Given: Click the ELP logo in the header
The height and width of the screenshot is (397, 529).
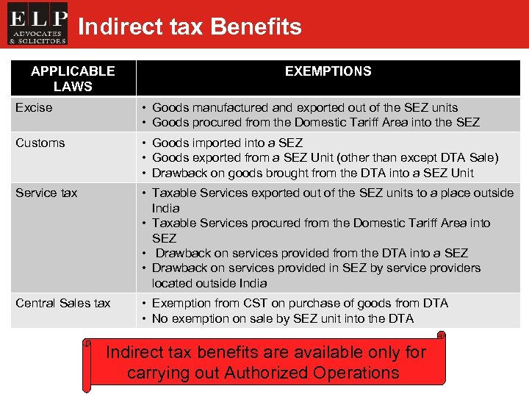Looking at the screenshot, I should coord(37,24).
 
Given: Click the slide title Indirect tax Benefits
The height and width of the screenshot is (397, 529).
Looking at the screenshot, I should coord(190,27).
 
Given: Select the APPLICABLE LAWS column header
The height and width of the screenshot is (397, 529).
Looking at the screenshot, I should coord(73,79).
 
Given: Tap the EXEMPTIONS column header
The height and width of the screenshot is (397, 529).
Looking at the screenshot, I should coord(328,71).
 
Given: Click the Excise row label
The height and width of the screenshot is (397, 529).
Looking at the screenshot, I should coord(34,107).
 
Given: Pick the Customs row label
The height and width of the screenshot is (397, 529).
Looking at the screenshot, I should coord(40,143).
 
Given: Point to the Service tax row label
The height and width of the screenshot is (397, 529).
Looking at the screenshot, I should coord(46,193).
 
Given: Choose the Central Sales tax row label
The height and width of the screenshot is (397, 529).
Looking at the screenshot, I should coord(63,303).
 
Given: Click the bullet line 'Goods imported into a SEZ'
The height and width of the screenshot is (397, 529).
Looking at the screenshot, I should coord(227,143).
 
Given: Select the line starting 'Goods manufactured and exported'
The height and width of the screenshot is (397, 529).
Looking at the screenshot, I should coord(304,107).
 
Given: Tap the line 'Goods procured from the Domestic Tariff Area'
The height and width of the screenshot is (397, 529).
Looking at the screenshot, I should coord(315,122).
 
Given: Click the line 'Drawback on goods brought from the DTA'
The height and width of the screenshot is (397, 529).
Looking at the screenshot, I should coord(312,173).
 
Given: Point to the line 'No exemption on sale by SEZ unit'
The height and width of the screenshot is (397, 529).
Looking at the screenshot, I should coord(282,318).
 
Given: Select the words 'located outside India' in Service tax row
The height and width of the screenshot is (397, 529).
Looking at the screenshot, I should coord(209,283).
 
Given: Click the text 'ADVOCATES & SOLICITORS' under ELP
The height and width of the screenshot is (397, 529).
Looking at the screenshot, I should coord(37,37).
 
